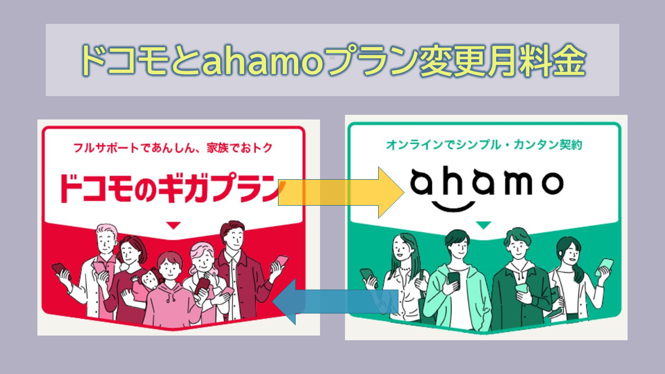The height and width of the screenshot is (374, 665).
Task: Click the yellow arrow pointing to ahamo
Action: click(341, 192)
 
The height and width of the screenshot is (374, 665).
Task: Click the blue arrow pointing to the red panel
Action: click(335, 302)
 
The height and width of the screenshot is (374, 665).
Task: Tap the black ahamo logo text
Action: click(487, 181)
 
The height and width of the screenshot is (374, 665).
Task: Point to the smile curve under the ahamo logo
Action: click(454, 206)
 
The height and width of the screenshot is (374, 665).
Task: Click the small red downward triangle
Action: click(174, 225)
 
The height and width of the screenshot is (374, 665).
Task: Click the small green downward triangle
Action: click(483, 225)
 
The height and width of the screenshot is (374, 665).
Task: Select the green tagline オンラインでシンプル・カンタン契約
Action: click(484, 145)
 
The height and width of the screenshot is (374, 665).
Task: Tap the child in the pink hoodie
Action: click(171, 292)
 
